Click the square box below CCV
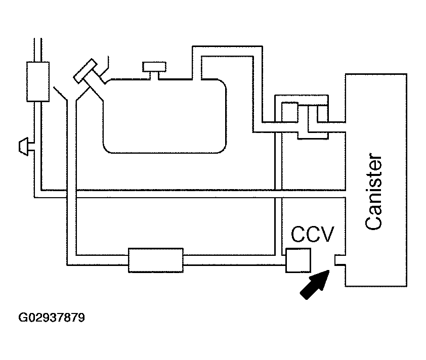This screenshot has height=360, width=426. pos(297,260)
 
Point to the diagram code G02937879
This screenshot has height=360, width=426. pos(52,319)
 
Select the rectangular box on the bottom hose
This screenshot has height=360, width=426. pos(155,260)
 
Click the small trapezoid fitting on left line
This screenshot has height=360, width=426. pos(24,147)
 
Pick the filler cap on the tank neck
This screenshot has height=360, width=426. pos(84,70)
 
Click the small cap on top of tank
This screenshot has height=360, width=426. pos(155,67)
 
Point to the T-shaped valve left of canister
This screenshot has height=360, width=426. pos(313,121)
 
